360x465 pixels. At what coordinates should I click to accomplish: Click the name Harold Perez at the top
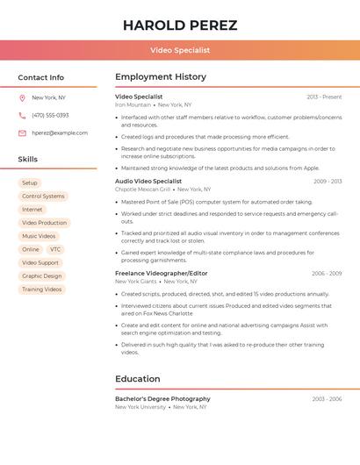point(180,25)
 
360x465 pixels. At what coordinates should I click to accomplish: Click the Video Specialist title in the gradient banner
point(180,50)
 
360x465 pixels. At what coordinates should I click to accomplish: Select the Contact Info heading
point(41,77)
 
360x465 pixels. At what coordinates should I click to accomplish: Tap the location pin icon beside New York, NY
point(22,97)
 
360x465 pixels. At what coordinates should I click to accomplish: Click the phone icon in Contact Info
point(22,115)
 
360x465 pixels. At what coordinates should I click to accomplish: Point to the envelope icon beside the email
point(22,133)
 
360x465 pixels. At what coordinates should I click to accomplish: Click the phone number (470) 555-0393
point(50,115)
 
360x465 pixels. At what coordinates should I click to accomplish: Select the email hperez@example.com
point(60,133)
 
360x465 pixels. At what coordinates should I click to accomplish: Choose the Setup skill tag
point(30,182)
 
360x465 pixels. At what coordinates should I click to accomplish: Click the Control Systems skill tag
point(43,197)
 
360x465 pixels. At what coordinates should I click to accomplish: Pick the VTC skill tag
point(56,249)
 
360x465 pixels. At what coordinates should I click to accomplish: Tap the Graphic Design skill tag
point(41,275)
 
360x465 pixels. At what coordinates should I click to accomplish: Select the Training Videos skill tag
point(41,289)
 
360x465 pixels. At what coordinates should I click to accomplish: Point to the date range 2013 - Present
point(324,97)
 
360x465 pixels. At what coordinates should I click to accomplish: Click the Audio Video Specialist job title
point(148,181)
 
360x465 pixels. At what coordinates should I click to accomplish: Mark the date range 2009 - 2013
point(328,182)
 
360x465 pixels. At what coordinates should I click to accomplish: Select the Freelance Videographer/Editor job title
point(162,273)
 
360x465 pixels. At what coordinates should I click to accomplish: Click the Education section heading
point(138,379)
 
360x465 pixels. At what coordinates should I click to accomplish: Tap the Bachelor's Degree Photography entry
point(162,399)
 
